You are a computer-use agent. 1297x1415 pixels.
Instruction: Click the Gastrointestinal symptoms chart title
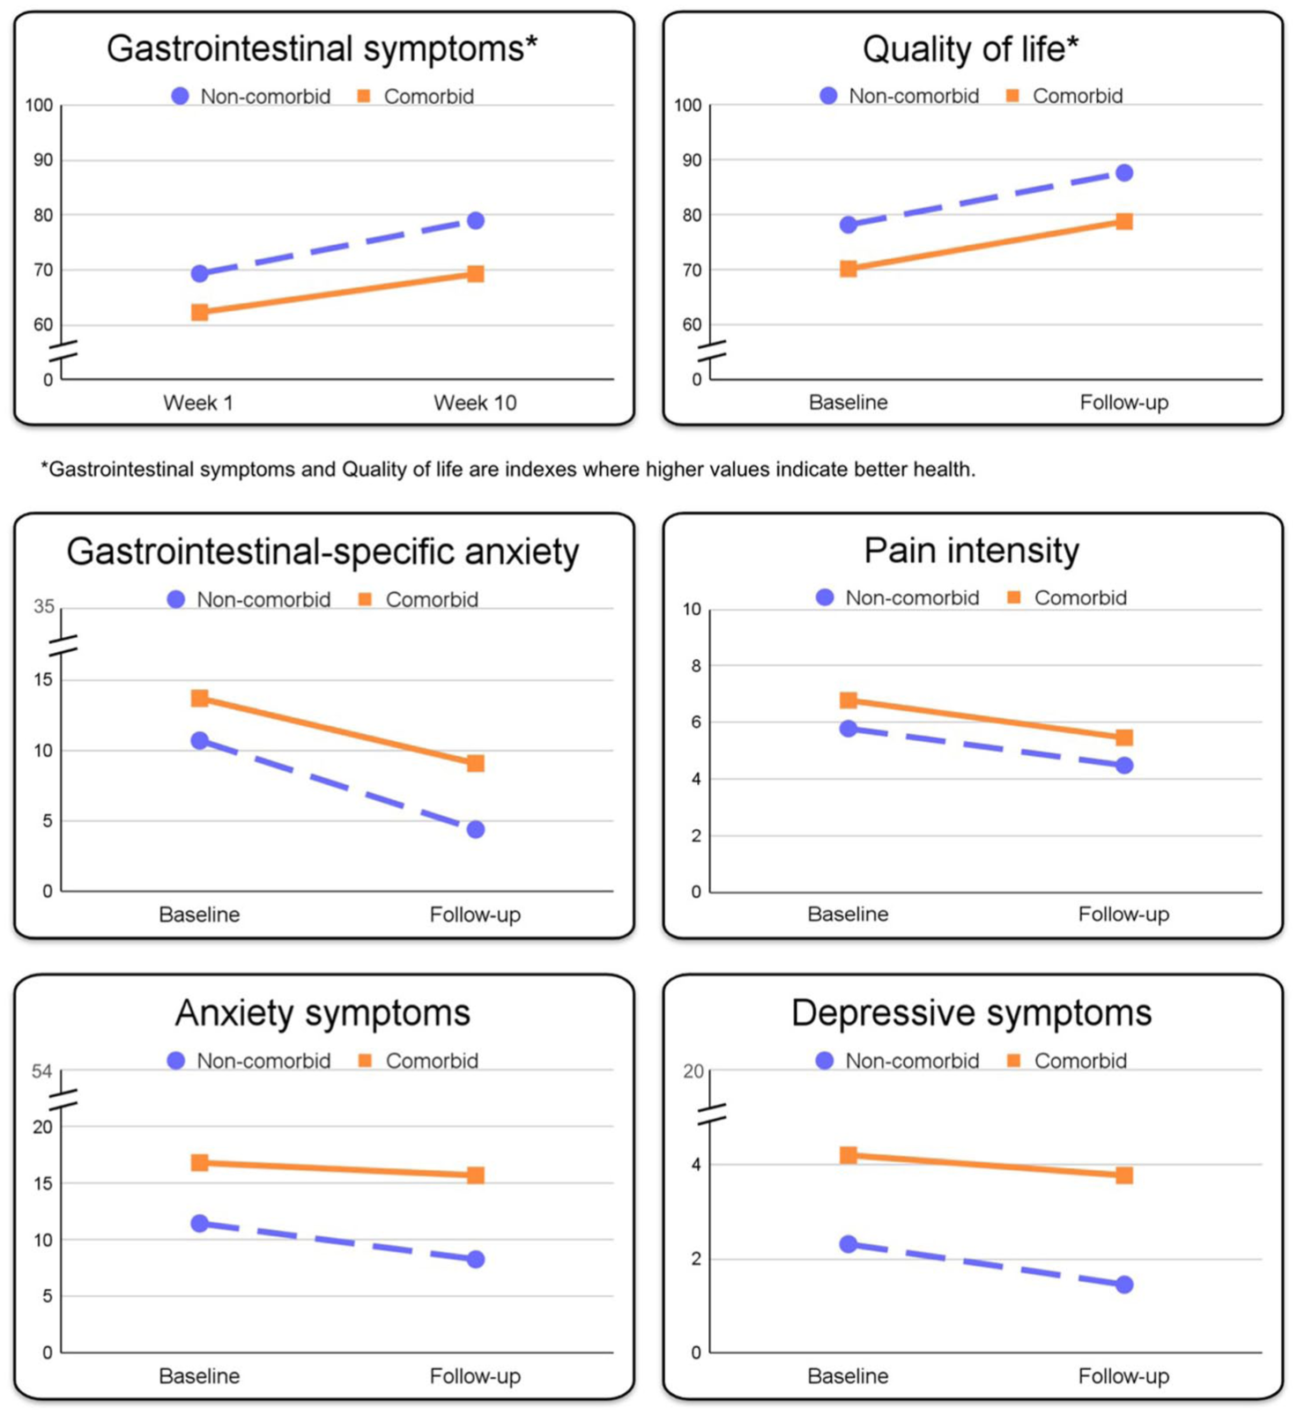click(322, 49)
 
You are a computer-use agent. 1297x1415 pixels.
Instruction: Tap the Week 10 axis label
click(475, 403)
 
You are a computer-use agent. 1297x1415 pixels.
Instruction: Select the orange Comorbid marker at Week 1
click(200, 312)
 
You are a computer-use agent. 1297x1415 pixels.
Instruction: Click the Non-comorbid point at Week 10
click(476, 220)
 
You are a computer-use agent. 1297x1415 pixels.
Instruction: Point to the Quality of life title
click(971, 49)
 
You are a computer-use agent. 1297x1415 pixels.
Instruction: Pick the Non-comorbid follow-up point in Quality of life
click(1124, 173)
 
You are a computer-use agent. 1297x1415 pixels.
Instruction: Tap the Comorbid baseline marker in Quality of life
click(849, 269)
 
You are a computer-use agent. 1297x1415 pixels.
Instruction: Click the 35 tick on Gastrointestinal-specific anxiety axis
click(44, 606)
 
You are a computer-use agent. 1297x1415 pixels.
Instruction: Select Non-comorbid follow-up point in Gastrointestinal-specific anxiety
click(476, 829)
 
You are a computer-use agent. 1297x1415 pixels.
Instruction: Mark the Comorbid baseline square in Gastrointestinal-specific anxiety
click(200, 698)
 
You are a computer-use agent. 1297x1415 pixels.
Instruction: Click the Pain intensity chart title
click(971, 551)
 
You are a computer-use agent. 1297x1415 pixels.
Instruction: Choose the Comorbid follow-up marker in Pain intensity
click(1124, 737)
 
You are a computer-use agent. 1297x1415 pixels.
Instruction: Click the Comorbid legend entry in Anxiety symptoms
click(419, 1061)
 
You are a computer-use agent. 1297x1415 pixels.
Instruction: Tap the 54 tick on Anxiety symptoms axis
click(42, 1071)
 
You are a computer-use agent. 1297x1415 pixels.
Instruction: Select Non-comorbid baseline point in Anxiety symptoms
click(200, 1223)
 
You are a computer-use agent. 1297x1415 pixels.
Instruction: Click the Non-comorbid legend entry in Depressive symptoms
click(898, 1061)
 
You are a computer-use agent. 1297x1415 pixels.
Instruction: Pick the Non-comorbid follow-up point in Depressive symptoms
click(1124, 1285)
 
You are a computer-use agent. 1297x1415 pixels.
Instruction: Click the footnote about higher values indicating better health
click(508, 470)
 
